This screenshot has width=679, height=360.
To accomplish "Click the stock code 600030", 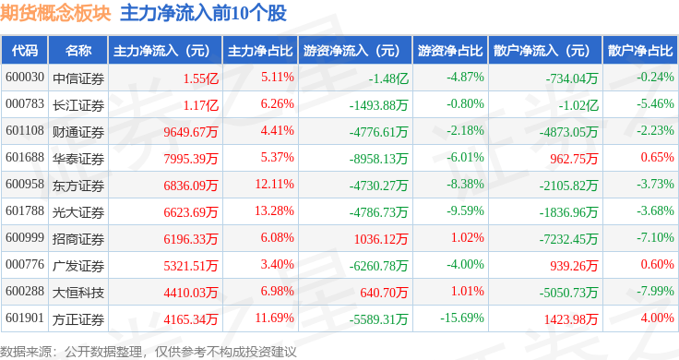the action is [25, 78].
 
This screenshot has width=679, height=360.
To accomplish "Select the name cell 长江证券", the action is [78, 105].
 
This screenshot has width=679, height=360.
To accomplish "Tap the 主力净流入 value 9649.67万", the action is [191, 132].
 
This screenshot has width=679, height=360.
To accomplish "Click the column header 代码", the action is [25, 51].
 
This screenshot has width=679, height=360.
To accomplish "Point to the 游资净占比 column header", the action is [450, 51].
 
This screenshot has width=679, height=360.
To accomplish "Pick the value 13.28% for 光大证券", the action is [275, 211].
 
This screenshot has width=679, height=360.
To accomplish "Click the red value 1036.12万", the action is [381, 239].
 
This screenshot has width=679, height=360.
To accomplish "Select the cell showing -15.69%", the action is [462, 318].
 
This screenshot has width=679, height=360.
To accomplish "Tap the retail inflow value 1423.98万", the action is [571, 319].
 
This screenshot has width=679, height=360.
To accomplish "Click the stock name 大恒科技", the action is [78, 293].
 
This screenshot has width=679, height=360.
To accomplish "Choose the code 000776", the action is [25, 264].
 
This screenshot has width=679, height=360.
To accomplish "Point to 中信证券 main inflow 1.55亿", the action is [201, 78].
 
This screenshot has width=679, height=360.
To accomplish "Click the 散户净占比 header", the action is [640, 51].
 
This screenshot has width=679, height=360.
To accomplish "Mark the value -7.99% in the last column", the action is [655, 291].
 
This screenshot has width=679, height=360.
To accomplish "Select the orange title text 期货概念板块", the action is [55, 13].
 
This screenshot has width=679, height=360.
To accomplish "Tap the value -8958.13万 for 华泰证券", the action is [379, 159].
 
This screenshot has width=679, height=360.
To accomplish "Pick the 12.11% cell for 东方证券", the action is [275, 184].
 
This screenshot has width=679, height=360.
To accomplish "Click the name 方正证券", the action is [78, 319].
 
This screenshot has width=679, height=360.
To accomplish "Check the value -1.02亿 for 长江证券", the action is [578, 105].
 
